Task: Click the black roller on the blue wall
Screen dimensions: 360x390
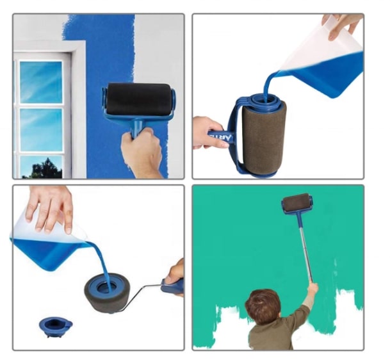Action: click(x=139, y=99)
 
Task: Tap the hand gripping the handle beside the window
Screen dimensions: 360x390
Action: click(x=142, y=152)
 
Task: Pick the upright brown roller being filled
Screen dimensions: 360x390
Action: click(x=263, y=138)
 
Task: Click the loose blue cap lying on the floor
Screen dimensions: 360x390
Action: click(x=56, y=325)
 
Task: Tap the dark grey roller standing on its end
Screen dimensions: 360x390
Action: click(x=109, y=295)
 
